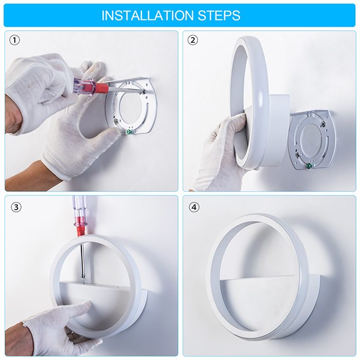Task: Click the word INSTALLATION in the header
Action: point(148,15)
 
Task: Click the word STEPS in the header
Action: point(219,15)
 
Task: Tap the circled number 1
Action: point(14,40)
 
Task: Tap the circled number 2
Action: point(193,40)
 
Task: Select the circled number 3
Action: point(16,207)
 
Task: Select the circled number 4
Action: point(194,207)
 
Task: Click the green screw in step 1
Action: point(128,132)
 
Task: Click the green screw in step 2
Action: point(309,166)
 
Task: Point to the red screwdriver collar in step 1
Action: point(102,88)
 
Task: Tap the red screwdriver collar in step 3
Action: point(80,230)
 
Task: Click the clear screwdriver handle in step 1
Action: point(84,86)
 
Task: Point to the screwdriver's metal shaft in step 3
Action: point(82,262)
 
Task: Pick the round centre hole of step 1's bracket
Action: point(130,106)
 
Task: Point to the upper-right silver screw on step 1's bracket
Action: point(143,92)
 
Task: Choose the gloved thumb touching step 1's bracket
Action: point(108,135)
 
